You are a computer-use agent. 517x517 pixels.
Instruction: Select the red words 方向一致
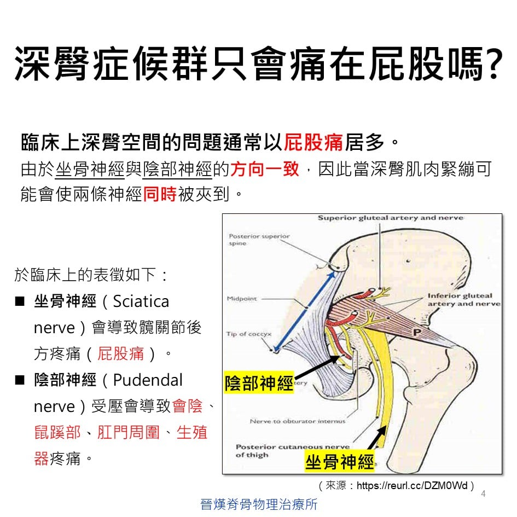[x=265, y=170]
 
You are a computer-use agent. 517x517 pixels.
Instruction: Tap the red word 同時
[x=160, y=194]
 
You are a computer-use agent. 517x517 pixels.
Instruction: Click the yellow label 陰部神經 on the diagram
[x=259, y=383]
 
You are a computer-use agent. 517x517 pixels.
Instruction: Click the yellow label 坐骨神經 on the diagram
[x=340, y=462]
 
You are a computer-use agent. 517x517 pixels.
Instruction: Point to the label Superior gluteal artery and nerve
[x=391, y=218]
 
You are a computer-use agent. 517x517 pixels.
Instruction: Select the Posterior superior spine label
[x=259, y=240]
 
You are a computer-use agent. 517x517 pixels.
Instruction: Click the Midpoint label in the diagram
[x=242, y=299]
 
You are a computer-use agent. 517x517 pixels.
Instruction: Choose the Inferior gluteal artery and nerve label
[x=463, y=300]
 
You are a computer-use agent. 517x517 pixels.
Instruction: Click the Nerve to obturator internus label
[x=298, y=421]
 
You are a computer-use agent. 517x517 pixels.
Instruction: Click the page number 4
[x=483, y=494]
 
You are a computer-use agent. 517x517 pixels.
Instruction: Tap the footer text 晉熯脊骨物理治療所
[x=259, y=504]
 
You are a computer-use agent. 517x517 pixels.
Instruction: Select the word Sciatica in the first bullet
[x=141, y=301]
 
